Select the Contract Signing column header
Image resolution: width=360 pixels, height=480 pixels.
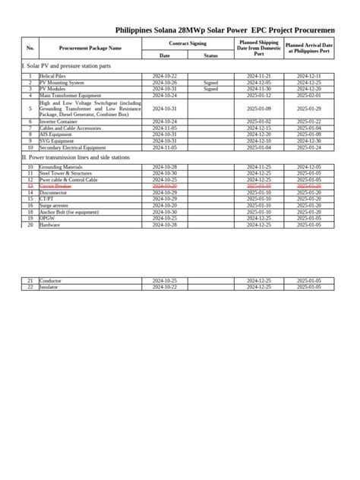pos(188,45)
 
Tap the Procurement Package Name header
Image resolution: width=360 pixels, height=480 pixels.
pos(90,48)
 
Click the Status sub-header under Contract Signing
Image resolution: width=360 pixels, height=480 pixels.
pos(210,55)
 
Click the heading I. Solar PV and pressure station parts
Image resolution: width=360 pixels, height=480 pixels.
pos(67,66)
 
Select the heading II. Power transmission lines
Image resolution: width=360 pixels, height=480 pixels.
pos(76,157)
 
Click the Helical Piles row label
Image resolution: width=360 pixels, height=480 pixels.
pos(53,77)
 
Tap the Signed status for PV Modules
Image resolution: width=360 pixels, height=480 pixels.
pos(210,89)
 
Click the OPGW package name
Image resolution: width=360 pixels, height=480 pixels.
pos(49,218)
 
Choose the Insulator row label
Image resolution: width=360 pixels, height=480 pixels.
pos(49,287)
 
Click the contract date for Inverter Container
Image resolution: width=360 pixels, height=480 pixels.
pos(164,122)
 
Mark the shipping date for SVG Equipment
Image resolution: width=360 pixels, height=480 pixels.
pos(259,141)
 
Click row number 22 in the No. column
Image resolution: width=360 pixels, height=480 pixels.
pos(30,287)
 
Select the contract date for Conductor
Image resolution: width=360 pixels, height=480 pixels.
pos(164,281)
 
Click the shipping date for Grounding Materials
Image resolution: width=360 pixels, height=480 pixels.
pos(259,167)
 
